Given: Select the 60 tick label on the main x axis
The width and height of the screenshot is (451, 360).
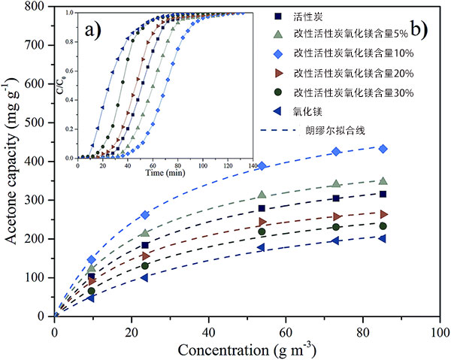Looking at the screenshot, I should (286, 331).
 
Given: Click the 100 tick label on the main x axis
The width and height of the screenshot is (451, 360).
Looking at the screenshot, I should (440, 331).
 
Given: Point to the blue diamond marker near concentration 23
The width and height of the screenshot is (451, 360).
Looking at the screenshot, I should (145, 215).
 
